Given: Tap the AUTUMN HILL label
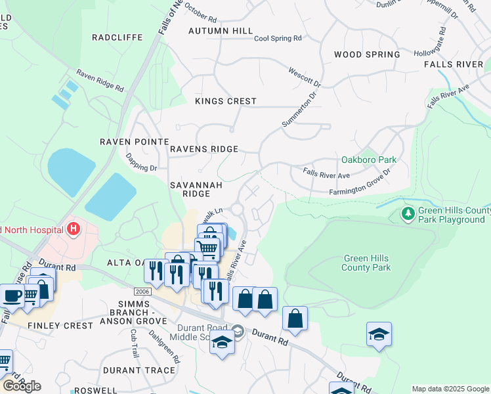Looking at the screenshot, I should tap(220, 31).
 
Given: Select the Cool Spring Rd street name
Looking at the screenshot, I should tap(278, 39).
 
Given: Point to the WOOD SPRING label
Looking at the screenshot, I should tap(367, 55).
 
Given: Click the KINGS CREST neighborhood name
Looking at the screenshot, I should tap(226, 102).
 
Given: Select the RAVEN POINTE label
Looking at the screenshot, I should tap(134, 142).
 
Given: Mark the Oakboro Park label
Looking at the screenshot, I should tap(369, 160).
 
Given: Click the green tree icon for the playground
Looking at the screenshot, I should tap(408, 213).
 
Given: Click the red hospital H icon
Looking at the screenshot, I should tap(74, 229).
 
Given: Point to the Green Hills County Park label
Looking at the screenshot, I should tap(366, 263).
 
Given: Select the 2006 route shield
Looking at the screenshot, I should tap(142, 291).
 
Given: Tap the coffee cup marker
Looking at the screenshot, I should tap(12, 295).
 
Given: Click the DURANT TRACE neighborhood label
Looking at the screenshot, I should tap(139, 370).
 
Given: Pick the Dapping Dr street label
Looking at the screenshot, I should tap(141, 163).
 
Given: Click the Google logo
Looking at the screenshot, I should tap(22, 385).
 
